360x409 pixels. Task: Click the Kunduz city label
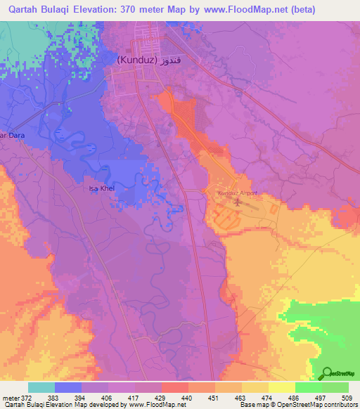point(136,61)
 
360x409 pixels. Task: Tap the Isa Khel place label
point(100,189)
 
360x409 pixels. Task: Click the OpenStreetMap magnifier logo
point(326,374)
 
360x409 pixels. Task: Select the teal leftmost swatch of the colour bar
point(41,387)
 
